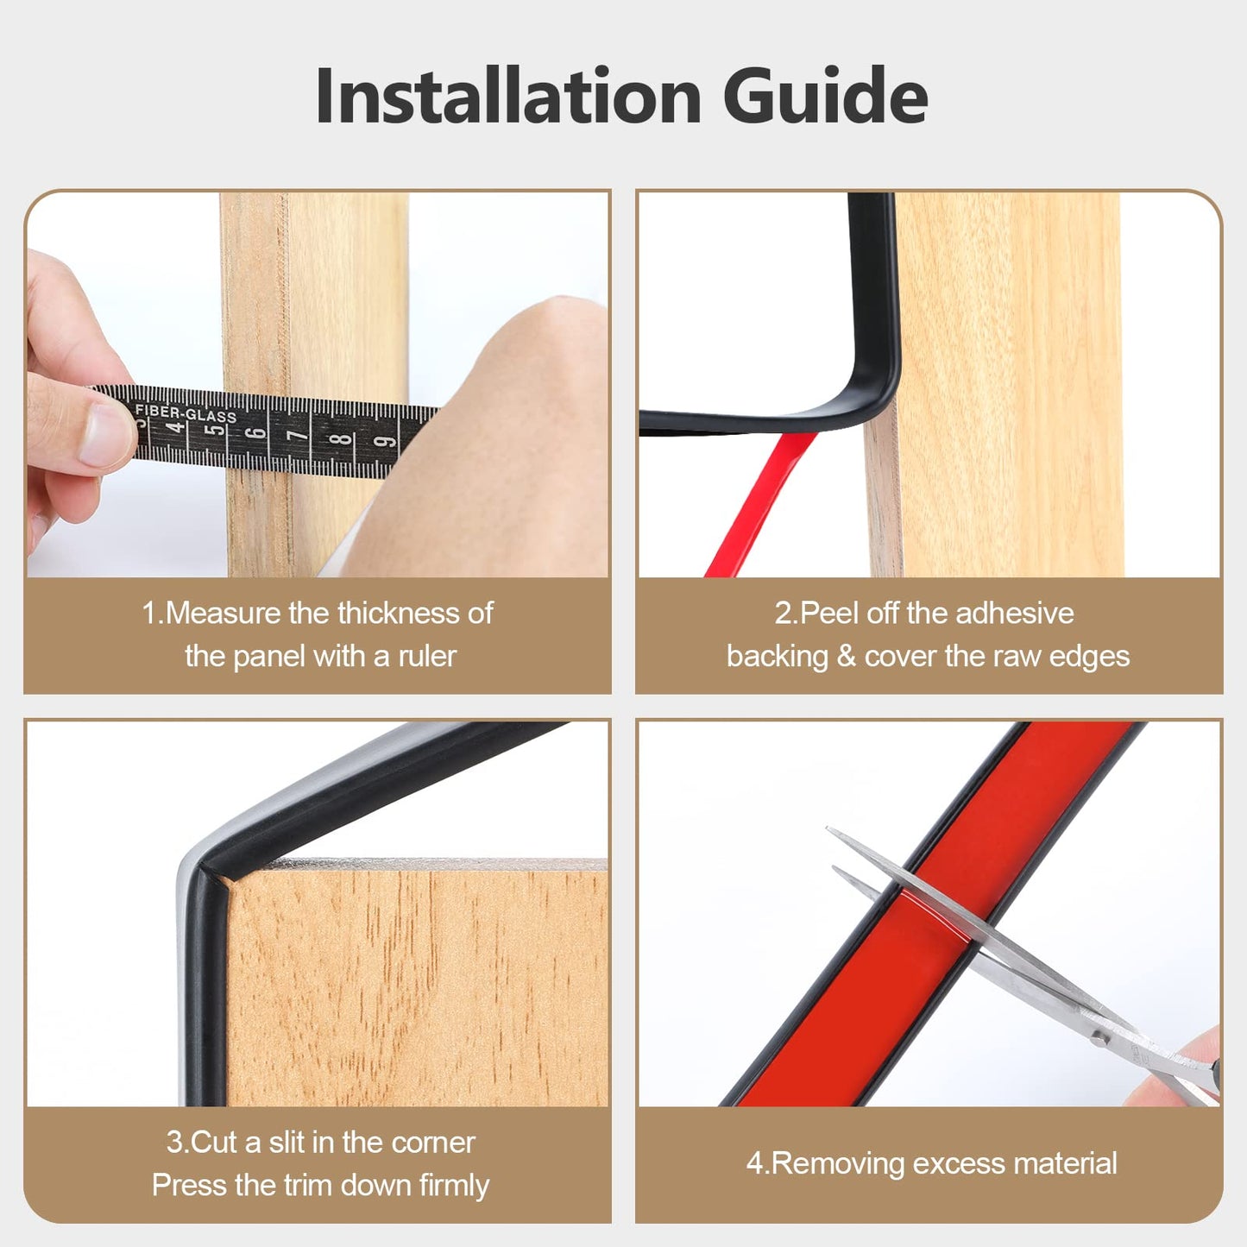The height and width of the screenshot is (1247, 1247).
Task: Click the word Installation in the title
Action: [x=507, y=97]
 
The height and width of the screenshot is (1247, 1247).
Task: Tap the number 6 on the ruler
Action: [x=256, y=431]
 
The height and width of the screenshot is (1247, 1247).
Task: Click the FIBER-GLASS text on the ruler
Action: [x=186, y=414]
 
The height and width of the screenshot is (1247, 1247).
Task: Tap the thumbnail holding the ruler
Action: [x=102, y=435]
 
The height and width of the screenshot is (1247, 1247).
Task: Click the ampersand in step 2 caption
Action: [x=846, y=657]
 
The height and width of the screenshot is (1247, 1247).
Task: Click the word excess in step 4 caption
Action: [x=960, y=1164]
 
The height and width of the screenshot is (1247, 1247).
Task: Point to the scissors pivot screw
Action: [x=1099, y=1040]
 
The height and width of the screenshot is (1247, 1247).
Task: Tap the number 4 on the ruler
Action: [x=176, y=427]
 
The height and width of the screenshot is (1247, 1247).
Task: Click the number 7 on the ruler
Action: [x=298, y=435]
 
